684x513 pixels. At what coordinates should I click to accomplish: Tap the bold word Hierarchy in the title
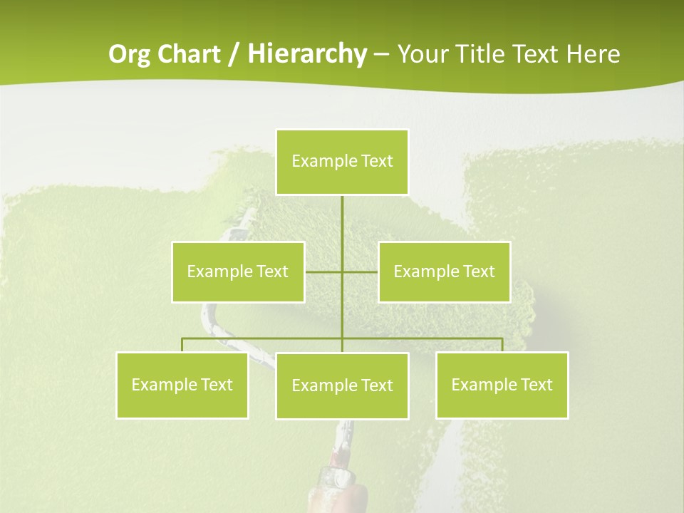pos(307,54)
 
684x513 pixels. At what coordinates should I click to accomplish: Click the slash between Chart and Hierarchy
pos(234,55)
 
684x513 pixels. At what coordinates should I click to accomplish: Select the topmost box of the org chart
pos(342,162)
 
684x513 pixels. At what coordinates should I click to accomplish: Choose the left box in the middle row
pos(238,271)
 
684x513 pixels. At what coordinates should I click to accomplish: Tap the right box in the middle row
pos(444,271)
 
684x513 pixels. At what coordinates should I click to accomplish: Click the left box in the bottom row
pos(182,385)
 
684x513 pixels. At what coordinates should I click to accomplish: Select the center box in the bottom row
pos(342,385)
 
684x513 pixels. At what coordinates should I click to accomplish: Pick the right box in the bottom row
pos(502,385)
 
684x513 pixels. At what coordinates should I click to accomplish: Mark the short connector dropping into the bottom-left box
pos(182,345)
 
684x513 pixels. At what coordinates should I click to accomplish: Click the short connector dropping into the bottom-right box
pos(502,345)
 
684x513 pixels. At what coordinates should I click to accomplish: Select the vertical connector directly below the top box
pos(342,221)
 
